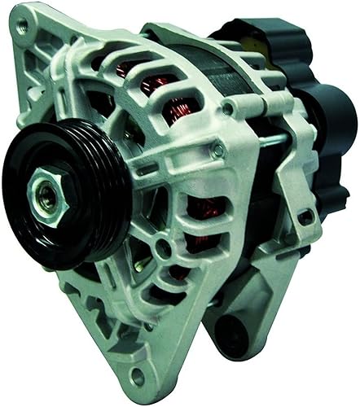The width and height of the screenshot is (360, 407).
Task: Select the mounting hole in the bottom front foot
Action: point(138,377)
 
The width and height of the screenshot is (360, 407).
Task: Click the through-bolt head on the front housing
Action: point(217,150)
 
